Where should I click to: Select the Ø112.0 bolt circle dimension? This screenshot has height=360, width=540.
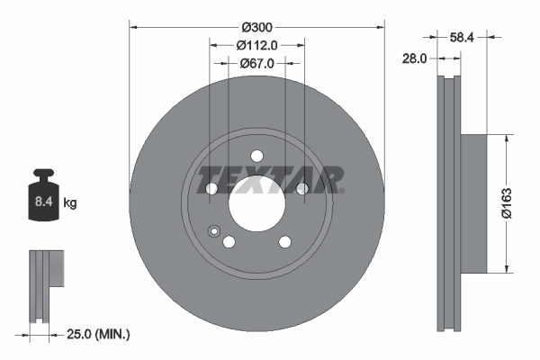pos(257,44)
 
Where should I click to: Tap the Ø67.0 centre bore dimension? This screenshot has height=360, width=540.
pos(257,63)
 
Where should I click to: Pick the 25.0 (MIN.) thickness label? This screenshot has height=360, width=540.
pos(99,335)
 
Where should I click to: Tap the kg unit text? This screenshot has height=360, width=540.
pos(71,203)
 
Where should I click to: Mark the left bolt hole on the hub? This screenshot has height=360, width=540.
pos(212,188)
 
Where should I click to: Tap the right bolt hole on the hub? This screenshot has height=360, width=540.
pos(301,188)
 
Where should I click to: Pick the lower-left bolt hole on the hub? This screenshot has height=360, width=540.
pos(229,241)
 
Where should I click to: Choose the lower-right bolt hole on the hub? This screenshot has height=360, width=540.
pos(285,241)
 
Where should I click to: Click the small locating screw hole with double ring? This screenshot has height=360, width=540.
pos(213,230)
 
